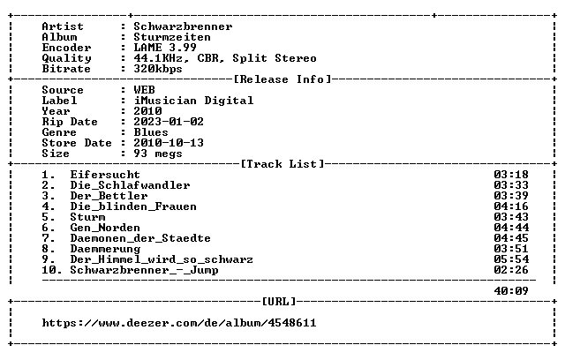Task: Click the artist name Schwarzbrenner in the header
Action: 183,26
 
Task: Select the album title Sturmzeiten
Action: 172,37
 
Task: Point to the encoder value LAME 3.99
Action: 165,48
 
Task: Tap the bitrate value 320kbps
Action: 158,69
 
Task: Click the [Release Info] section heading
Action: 282,79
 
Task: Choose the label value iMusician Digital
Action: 193,101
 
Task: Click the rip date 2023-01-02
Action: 169,122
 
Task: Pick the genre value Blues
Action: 151,132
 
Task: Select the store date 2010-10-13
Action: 169,143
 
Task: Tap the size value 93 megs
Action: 158,154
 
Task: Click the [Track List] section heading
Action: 282,164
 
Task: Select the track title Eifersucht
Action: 105,175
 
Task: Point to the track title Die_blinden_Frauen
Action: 133,206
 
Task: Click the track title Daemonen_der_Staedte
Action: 140,238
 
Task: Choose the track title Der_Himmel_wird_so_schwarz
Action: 162,259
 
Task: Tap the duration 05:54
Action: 511,259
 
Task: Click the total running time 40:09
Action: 511,291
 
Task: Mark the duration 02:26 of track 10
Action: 511,270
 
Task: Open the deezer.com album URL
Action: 179,323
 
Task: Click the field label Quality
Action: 67,58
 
